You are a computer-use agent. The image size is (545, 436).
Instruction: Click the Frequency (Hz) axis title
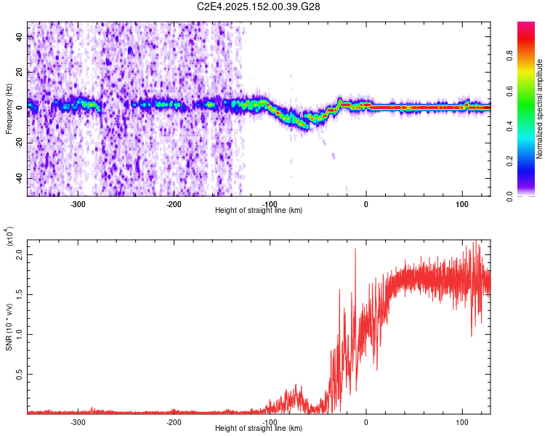click(9, 109)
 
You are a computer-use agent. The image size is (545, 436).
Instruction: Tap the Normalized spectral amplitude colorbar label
click(540, 109)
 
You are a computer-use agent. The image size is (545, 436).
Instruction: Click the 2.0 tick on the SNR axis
click(19, 255)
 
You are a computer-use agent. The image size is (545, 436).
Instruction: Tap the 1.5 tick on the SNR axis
click(19, 295)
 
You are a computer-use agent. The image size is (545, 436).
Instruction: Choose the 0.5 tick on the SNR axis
click(19, 374)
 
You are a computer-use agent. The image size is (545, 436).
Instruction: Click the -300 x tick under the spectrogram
click(77, 204)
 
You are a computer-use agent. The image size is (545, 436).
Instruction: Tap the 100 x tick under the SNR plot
click(462, 422)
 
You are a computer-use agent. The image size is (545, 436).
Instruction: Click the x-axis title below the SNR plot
click(259, 429)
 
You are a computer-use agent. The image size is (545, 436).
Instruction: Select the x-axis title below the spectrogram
click(259, 211)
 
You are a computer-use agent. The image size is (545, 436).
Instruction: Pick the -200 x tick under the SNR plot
click(173, 422)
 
